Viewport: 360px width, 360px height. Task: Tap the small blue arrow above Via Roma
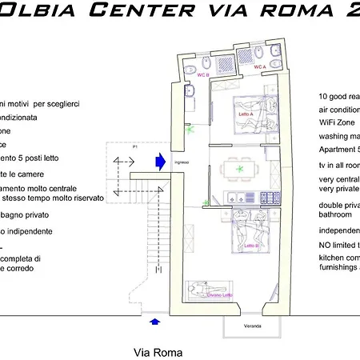(154, 322)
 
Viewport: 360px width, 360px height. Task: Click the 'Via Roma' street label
(158, 352)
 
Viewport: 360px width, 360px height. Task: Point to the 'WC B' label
(203, 74)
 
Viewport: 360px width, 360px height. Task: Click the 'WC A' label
(260, 68)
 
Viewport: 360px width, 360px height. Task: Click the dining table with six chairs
(236, 170)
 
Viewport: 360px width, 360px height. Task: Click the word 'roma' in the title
(305, 10)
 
